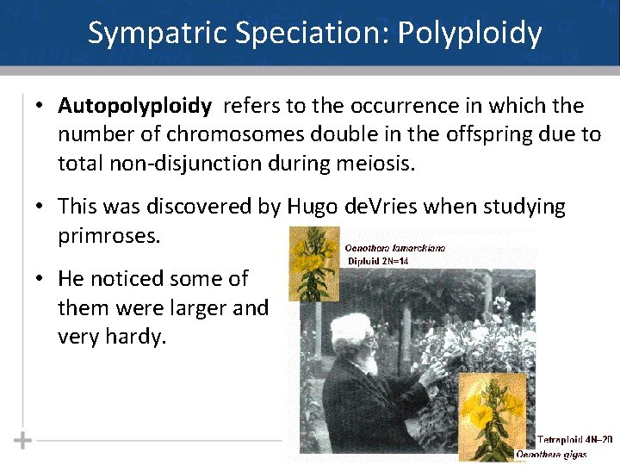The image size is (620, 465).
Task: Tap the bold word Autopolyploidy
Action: tap(134, 106)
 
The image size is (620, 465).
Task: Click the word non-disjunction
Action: tap(175, 163)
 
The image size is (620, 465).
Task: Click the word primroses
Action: tap(108, 235)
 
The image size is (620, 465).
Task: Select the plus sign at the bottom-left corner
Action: tap(23, 440)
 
